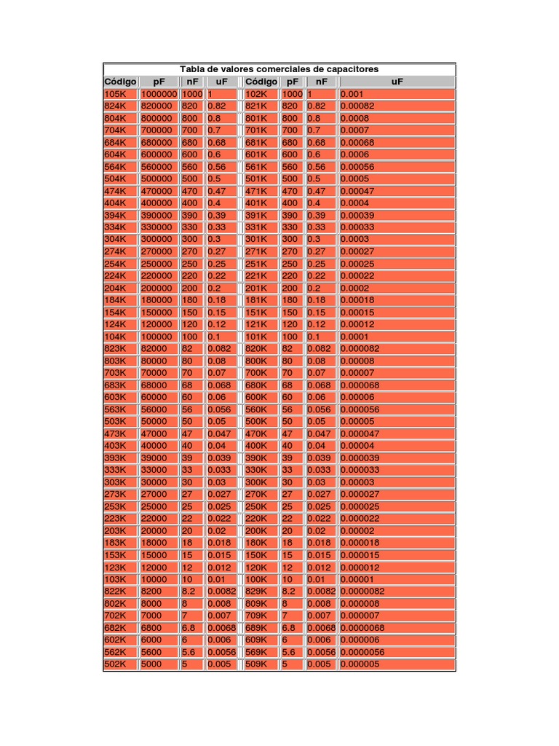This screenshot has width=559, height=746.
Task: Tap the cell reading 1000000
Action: pos(159,94)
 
